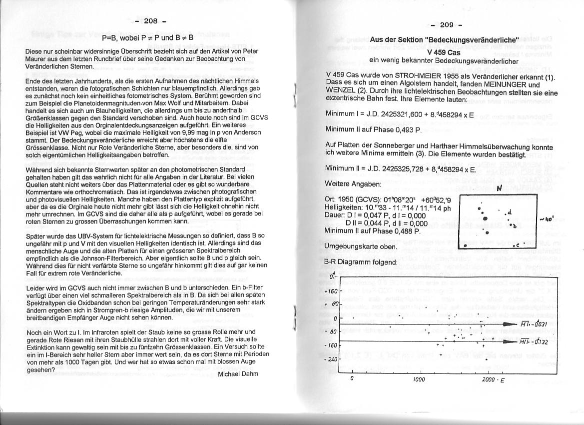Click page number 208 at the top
tap(150, 21)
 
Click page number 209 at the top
tap(447, 25)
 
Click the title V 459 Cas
tap(444, 52)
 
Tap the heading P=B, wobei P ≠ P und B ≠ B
tap(147, 38)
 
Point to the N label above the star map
tap(499, 188)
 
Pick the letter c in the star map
tap(518, 244)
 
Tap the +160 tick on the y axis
tap(331, 290)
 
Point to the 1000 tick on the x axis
tap(419, 379)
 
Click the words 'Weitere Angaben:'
tap(353, 184)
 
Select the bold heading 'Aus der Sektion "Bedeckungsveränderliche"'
tap(444, 39)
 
